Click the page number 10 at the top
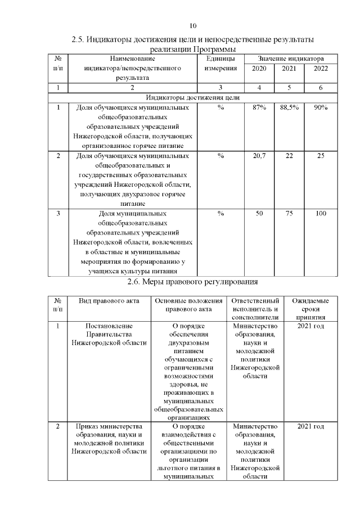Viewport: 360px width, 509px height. coord(193,26)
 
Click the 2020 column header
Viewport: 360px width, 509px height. coord(259,68)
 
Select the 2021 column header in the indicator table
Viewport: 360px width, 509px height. coord(289,68)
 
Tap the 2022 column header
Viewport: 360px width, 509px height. coord(321,68)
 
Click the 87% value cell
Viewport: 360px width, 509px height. coord(259,107)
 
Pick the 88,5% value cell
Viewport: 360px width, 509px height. coord(289,107)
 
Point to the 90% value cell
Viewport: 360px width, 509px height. coord(321,107)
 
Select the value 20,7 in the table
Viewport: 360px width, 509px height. coord(259,155)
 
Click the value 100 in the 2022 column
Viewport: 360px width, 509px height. coord(321,213)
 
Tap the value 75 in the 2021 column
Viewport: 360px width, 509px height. coord(289,213)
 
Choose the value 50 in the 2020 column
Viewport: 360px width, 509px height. coord(259,213)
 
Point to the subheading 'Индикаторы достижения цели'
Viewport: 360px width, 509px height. coord(193,97)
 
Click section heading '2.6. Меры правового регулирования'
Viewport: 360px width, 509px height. coord(192,281)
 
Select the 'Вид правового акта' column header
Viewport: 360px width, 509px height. coord(109,301)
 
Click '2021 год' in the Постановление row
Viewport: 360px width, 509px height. coord(310,326)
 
